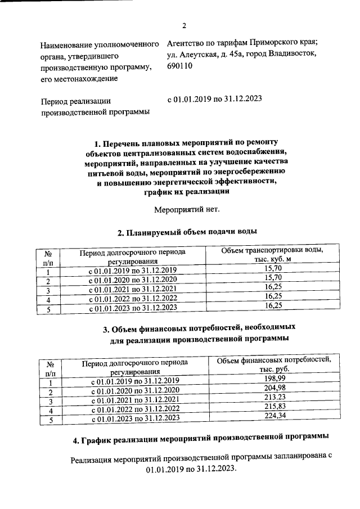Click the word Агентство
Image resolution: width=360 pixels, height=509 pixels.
point(188,43)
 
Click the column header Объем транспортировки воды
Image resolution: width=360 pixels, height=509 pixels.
point(272,254)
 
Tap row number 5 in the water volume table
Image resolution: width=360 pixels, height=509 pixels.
point(48,309)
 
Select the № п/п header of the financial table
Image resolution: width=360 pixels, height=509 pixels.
point(49,368)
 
